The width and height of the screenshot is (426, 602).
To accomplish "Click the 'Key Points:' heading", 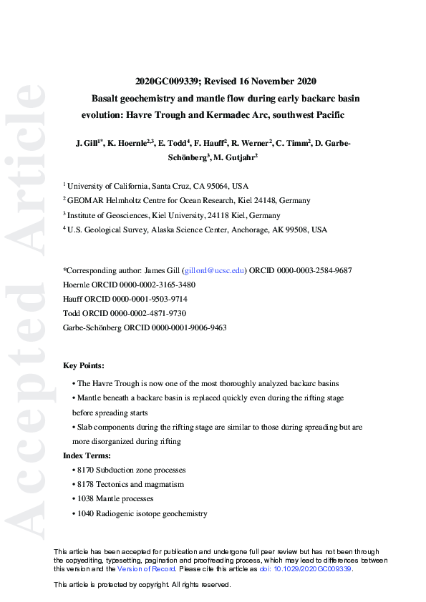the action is pyautogui.click(x=84, y=365).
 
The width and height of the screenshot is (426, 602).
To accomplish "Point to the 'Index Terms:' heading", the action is pyautogui.click(x=87, y=455).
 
